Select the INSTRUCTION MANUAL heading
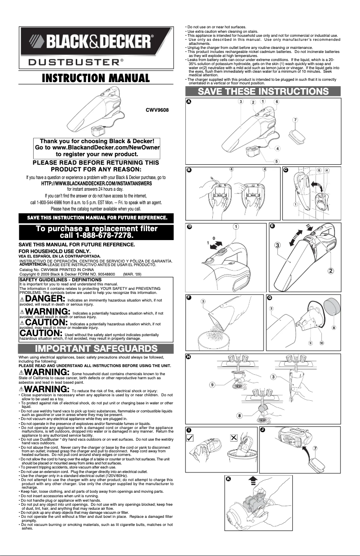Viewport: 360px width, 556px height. point(95,78)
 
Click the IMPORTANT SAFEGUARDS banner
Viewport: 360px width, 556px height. point(96,348)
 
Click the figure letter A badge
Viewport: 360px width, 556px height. point(189,102)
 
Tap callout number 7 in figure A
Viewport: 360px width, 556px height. point(294,120)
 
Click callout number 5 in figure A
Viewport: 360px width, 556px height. point(277,161)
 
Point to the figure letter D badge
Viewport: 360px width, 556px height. point(189,227)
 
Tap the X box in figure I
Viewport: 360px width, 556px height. point(233,438)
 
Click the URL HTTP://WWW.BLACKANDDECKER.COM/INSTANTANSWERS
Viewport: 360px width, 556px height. point(96,183)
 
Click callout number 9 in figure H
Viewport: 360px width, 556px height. point(212,385)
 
